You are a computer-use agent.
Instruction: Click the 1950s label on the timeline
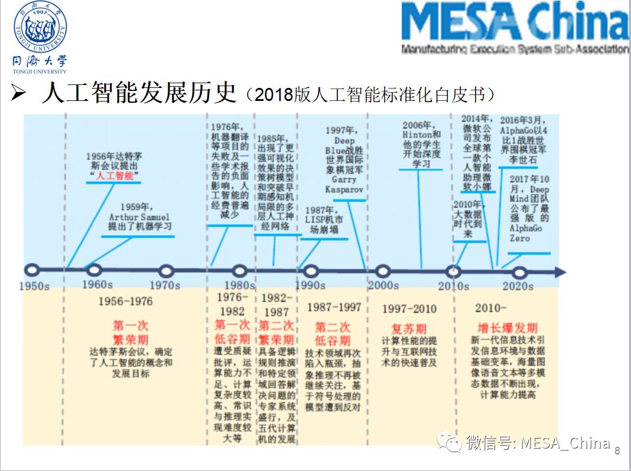point(34,286)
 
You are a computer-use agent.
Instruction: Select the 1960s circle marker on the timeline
point(95,271)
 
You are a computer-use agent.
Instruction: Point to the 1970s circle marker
point(167,272)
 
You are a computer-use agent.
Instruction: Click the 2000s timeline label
point(383,286)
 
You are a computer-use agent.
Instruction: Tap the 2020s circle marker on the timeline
point(519,272)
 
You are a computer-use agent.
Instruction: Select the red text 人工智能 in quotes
point(115,175)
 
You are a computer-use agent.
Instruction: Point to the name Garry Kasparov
point(343,184)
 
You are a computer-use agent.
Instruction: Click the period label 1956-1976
point(125,302)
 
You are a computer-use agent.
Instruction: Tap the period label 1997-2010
point(409,309)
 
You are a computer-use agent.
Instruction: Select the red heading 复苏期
point(409,329)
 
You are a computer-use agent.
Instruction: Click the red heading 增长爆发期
point(508,328)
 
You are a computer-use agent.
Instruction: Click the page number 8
point(617,452)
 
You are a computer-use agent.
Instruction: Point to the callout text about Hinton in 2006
point(421,144)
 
